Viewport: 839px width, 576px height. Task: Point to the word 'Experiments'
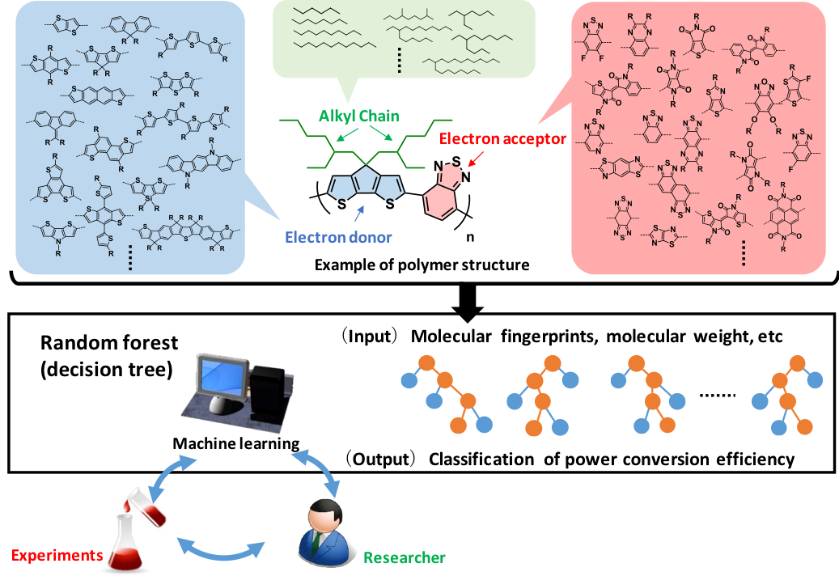tap(57, 556)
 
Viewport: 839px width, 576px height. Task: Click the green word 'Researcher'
tap(404, 557)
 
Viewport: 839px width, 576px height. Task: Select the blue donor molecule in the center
tap(366, 188)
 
